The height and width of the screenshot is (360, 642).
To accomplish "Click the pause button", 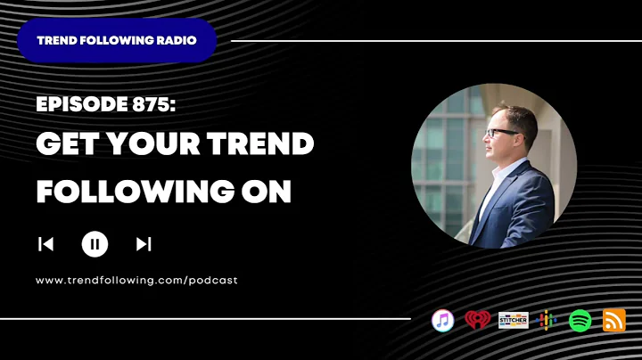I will (x=95, y=243).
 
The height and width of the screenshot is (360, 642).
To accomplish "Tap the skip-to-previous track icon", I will (x=46, y=243).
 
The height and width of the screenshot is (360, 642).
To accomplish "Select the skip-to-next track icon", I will (x=144, y=243).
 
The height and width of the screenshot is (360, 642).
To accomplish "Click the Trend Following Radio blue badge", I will (x=117, y=40).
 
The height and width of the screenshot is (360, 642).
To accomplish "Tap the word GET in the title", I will (x=71, y=145).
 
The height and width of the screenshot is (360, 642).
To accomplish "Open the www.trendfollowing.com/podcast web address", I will (x=136, y=280).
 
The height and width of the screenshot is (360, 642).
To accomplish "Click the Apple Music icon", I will (x=442, y=320).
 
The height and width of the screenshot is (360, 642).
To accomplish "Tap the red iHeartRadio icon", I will (x=478, y=320).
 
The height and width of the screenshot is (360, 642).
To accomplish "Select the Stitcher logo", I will (x=514, y=320).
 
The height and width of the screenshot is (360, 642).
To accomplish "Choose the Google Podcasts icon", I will (x=547, y=320).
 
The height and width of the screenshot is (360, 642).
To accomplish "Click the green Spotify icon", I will (x=580, y=320).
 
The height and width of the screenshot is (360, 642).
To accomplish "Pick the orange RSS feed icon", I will (x=614, y=320).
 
